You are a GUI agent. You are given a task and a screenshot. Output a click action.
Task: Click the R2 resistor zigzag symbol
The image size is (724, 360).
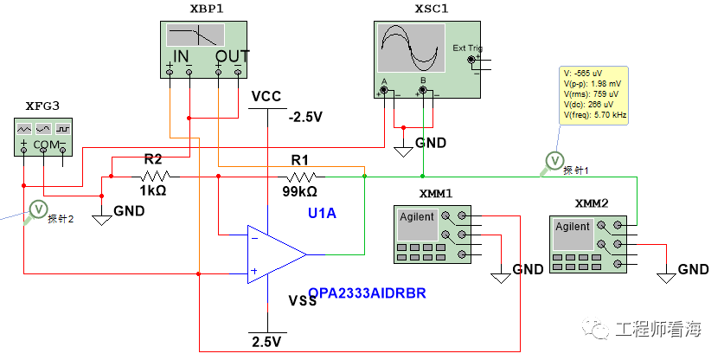(x=156, y=176)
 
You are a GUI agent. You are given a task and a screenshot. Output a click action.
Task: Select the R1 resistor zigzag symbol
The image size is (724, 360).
(x=302, y=176)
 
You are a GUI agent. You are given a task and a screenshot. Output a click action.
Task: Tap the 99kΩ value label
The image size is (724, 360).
(x=299, y=191)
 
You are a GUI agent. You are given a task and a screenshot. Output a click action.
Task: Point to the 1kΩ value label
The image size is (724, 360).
(x=153, y=190)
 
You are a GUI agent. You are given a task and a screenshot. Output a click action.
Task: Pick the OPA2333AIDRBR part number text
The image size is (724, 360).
(x=367, y=293)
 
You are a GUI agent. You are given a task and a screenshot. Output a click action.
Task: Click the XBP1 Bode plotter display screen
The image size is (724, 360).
(x=195, y=35)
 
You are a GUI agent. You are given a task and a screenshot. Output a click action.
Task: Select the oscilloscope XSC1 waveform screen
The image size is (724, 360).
(x=411, y=48)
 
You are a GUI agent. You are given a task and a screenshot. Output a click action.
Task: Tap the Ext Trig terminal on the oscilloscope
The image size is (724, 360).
(x=471, y=60)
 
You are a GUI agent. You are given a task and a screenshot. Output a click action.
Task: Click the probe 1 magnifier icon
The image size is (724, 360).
(x=553, y=162)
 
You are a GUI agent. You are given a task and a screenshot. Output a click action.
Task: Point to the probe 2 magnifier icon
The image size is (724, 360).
(x=36, y=211)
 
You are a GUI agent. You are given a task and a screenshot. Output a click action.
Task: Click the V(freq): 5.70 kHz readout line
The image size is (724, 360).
(x=595, y=116)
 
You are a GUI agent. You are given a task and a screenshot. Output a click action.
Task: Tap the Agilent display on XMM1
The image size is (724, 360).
(x=418, y=223)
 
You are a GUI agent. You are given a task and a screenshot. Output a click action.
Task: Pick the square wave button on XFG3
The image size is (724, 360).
(x=63, y=128)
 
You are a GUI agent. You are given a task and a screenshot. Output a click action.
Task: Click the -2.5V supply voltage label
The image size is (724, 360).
(x=305, y=117)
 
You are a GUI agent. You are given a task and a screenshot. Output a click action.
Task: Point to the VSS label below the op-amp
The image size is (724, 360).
(x=303, y=301)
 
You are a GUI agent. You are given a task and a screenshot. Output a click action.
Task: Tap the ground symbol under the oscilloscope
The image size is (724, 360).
(x=403, y=151)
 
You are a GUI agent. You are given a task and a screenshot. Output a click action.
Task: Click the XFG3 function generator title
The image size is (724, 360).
(x=42, y=106)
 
